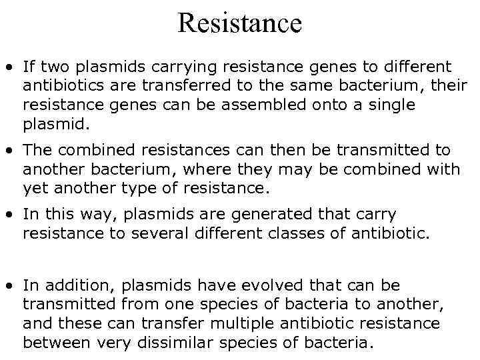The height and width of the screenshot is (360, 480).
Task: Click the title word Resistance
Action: (x=240, y=23)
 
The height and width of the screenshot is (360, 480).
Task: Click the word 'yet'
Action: (x=34, y=188)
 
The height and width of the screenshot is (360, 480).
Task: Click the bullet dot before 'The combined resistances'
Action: (x=10, y=151)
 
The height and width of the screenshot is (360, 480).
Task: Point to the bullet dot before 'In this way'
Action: (x=10, y=215)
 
